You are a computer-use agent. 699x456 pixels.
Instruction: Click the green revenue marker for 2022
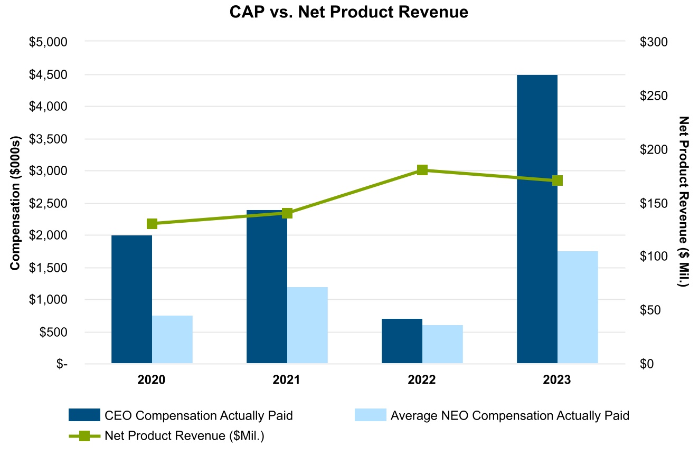tap(422, 170)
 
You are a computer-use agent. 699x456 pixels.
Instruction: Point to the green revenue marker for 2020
tap(152, 224)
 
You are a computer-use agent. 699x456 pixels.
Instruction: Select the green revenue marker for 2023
tap(557, 180)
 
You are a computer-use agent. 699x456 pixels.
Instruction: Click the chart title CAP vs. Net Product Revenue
tap(349, 13)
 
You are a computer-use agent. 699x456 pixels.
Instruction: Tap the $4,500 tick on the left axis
tap(49, 74)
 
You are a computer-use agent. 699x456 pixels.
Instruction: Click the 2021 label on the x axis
tap(287, 380)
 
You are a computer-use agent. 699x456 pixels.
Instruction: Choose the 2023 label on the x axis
tap(557, 380)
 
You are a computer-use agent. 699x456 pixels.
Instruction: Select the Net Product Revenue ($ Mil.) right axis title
tap(684, 202)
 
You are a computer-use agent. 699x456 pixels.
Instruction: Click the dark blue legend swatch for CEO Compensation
tap(84, 415)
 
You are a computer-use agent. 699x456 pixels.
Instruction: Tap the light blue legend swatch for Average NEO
tap(370, 415)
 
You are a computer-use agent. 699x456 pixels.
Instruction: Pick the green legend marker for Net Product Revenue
tap(84, 435)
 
